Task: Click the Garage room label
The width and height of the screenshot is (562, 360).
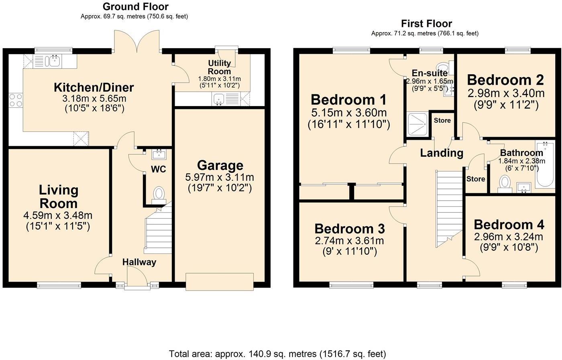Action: [220, 166]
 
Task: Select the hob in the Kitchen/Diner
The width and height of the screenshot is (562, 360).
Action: [15, 100]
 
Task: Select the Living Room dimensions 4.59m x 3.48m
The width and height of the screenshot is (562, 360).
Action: [58, 216]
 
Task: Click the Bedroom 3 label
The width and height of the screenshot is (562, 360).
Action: [349, 229]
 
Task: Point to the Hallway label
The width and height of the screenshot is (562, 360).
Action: [139, 262]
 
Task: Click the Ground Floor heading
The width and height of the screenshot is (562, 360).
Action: [135, 6]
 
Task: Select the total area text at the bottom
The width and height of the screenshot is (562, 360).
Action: [277, 354]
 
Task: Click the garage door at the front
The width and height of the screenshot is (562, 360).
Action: [219, 281]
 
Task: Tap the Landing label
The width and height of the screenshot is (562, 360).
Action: [442, 153]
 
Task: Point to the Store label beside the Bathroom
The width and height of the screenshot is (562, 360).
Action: [476, 179]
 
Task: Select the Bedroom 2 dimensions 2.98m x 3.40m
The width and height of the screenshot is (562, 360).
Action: [506, 94]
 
